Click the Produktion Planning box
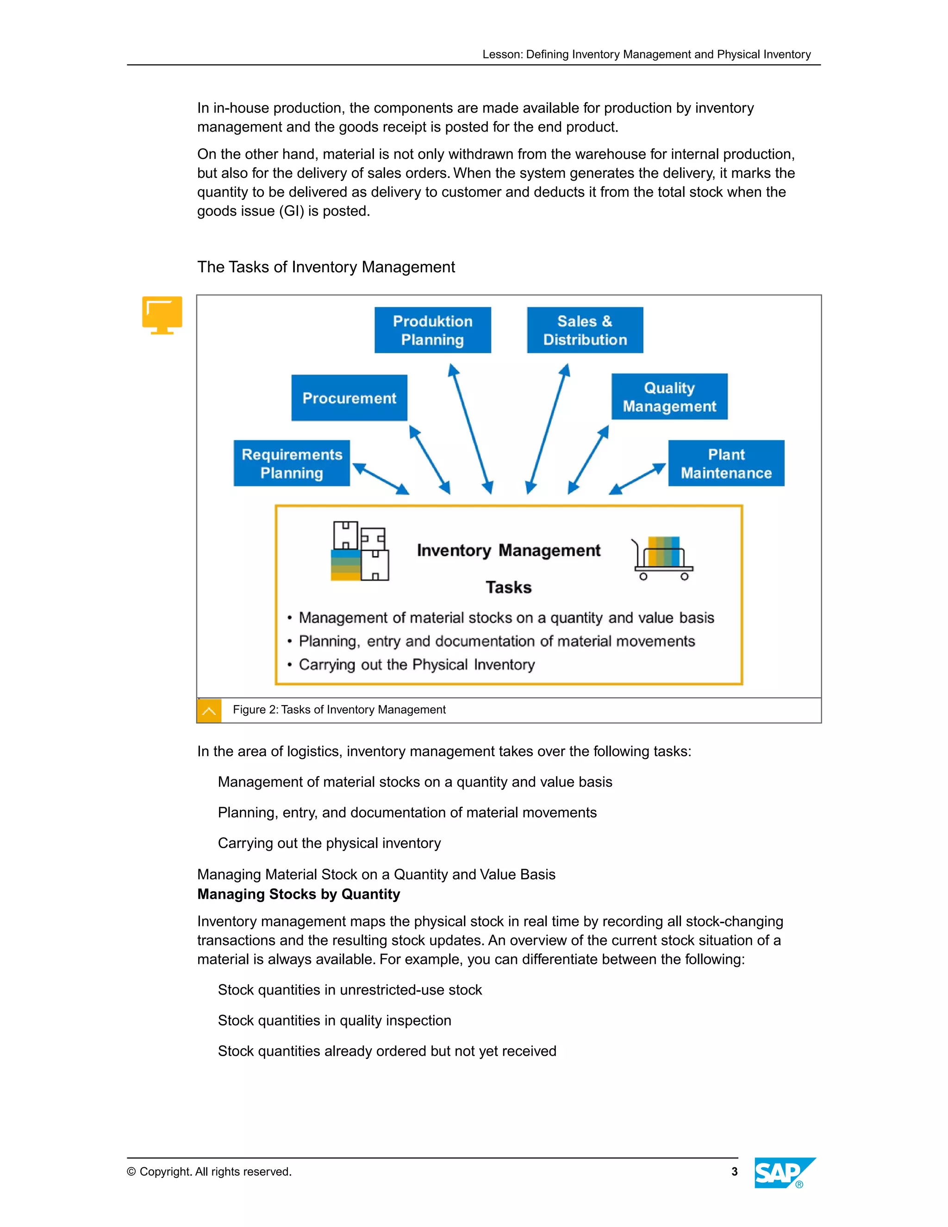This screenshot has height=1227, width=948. [x=432, y=330]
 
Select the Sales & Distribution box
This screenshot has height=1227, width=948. [x=585, y=330]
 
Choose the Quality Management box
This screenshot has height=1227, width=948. [x=669, y=397]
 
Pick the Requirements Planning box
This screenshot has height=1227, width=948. [x=292, y=463]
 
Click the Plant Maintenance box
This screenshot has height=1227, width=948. [x=726, y=463]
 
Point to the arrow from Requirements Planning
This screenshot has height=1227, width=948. [x=381, y=479]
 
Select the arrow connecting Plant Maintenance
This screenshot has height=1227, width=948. [x=637, y=479]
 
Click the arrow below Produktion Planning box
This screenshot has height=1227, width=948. [x=471, y=429]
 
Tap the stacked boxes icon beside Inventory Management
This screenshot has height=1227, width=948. [x=359, y=551]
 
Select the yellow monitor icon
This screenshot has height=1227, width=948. [x=162, y=314]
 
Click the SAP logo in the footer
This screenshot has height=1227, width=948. [x=784, y=1172]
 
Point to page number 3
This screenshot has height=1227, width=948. [x=734, y=1171]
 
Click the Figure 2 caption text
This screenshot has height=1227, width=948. [x=339, y=709]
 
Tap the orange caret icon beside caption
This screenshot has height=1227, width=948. [x=209, y=711]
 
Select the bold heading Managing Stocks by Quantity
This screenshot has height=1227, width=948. [x=298, y=894]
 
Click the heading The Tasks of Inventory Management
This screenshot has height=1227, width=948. [x=326, y=267]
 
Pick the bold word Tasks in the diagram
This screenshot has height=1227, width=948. [x=508, y=587]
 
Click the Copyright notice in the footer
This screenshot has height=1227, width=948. [x=209, y=1171]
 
